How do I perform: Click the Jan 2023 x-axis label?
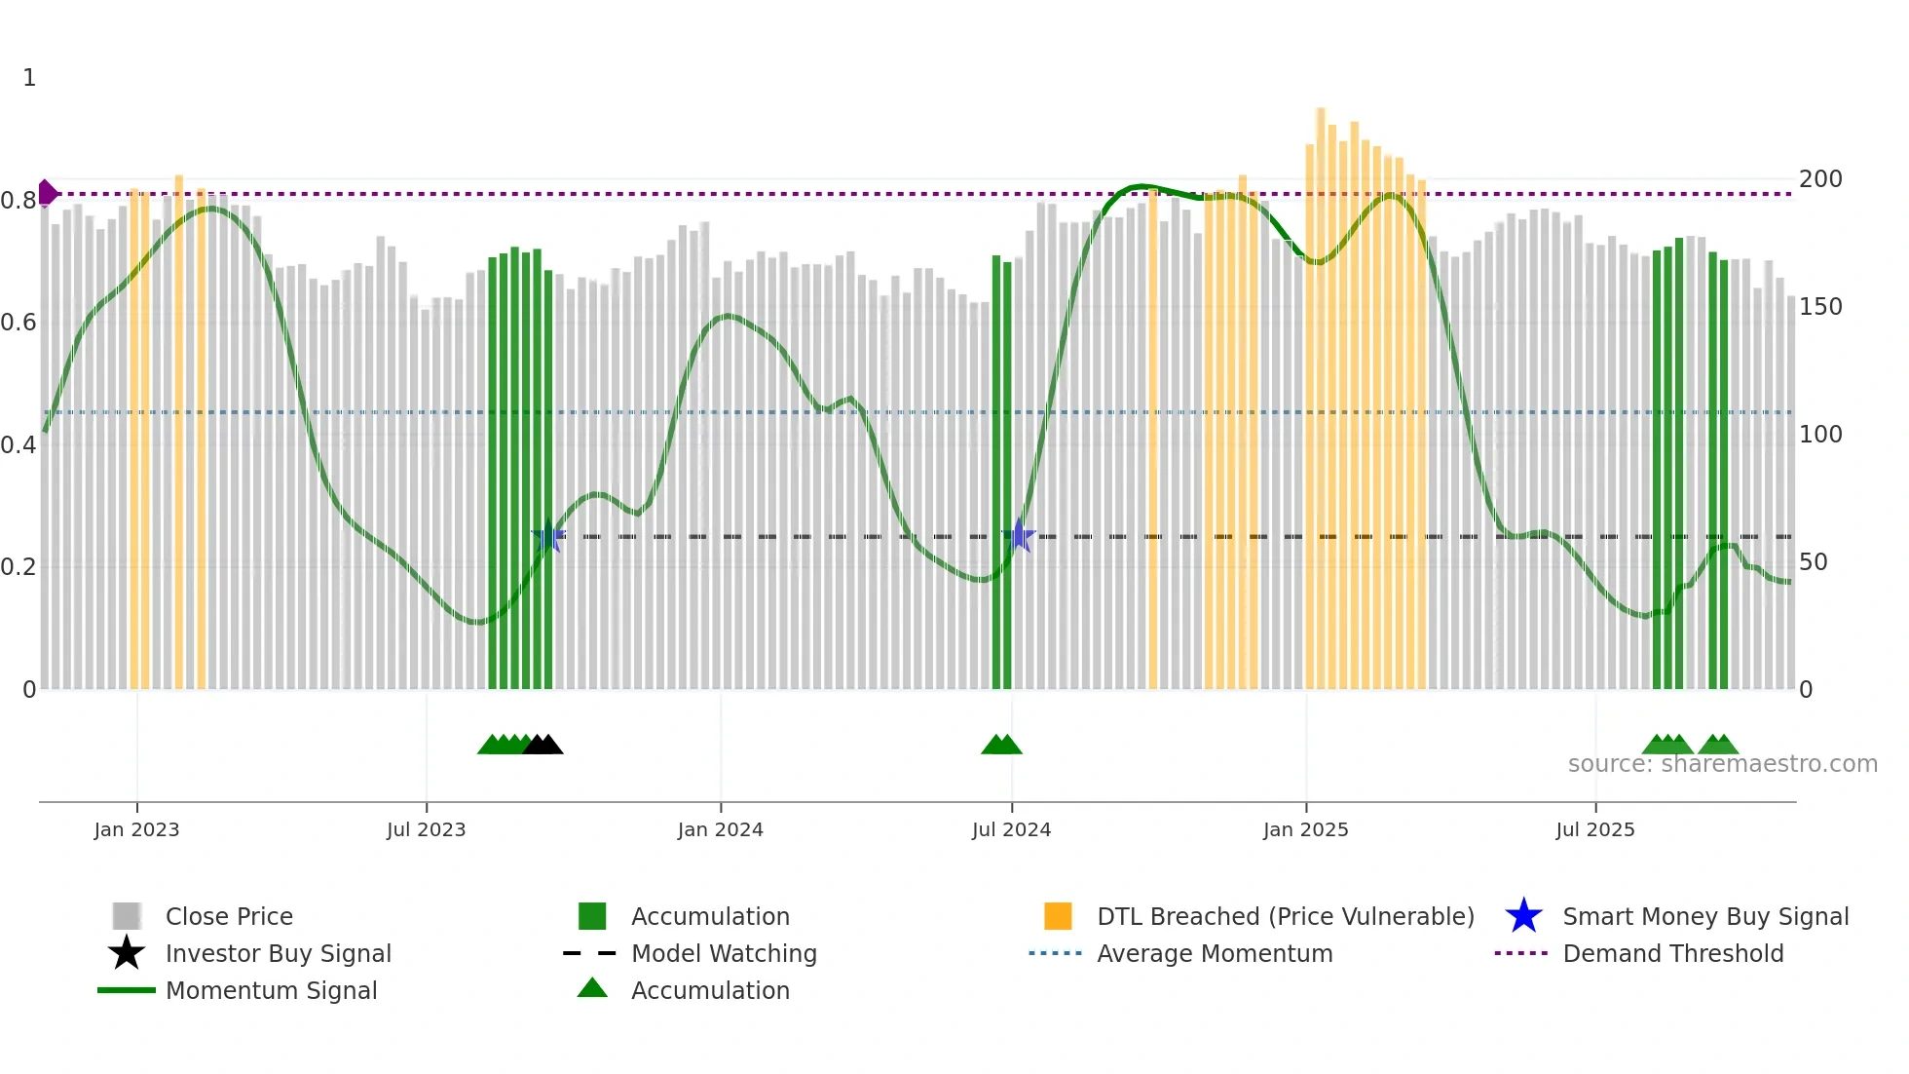pyautogui.click(x=136, y=829)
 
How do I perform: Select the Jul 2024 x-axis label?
pyautogui.click(x=1011, y=829)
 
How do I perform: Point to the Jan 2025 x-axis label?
pyautogui.click(x=1305, y=829)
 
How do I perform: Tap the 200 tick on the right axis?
pyautogui.click(x=1819, y=179)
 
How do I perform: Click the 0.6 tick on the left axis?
pyautogui.click(x=19, y=323)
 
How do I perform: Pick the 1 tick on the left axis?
pyautogui.click(x=29, y=78)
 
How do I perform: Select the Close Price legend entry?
pyautogui.click(x=228, y=916)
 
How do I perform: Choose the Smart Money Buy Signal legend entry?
pyautogui.click(x=1704, y=916)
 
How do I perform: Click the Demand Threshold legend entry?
pyautogui.click(x=1672, y=953)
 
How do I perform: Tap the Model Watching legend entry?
pyautogui.click(x=723, y=953)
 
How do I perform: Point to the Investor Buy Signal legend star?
pyautogui.click(x=127, y=953)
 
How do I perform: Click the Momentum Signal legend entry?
pyautogui.click(x=270, y=990)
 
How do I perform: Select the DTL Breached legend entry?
pyautogui.click(x=1285, y=916)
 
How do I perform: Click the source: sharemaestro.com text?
pyautogui.click(x=1722, y=764)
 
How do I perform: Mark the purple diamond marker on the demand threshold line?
pyautogui.click(x=47, y=193)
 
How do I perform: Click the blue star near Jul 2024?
pyautogui.click(x=1019, y=536)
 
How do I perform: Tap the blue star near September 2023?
pyautogui.click(x=548, y=536)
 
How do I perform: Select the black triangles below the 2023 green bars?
pyautogui.click(x=543, y=746)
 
